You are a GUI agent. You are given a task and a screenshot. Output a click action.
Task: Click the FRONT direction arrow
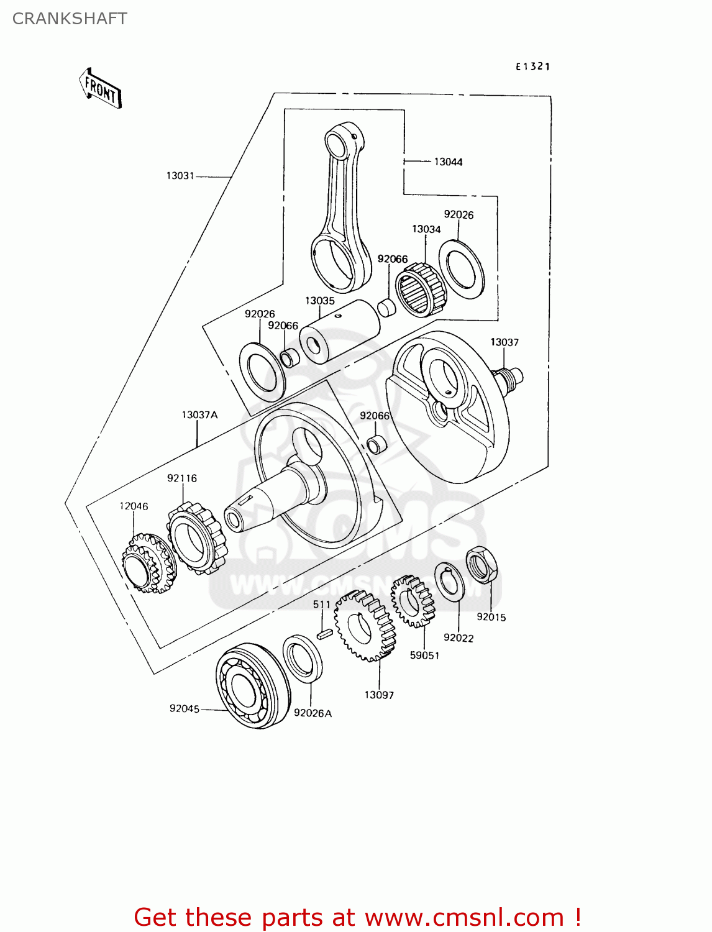(100, 89)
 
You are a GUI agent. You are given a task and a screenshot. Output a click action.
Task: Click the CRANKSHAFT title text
(70, 19)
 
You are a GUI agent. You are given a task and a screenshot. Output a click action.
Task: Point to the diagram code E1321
(532, 66)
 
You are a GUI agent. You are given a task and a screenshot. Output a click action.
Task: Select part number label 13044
(448, 162)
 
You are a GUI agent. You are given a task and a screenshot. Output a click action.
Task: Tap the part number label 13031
(180, 176)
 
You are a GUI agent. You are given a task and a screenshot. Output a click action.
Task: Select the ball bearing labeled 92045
(252, 686)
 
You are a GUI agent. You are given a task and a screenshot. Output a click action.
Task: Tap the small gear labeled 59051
(413, 601)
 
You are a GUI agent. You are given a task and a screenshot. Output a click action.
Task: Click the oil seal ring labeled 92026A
(303, 658)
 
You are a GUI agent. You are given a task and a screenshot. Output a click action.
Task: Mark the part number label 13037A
(199, 414)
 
